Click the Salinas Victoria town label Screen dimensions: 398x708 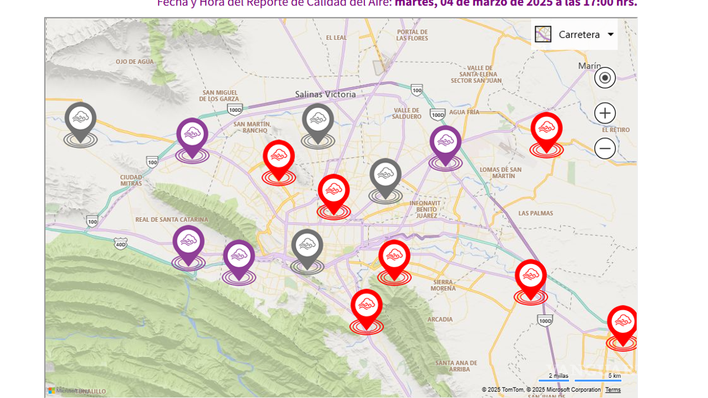[325, 94]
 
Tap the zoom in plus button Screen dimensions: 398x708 [605, 113]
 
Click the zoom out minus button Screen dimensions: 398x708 [605, 148]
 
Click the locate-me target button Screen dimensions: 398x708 [605, 78]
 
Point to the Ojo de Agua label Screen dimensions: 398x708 [135, 61]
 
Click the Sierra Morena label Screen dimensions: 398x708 [443, 285]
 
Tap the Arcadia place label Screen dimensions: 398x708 [440, 319]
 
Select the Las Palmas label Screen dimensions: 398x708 [535, 213]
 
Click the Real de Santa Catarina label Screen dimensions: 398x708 [171, 219]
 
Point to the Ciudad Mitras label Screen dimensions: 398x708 [131, 180]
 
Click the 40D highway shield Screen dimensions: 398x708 [120, 244]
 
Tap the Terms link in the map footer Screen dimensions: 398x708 [613, 390]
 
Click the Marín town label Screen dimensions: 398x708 [589, 66]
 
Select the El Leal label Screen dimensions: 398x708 [336, 37]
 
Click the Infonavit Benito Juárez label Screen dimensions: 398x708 [425, 209]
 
